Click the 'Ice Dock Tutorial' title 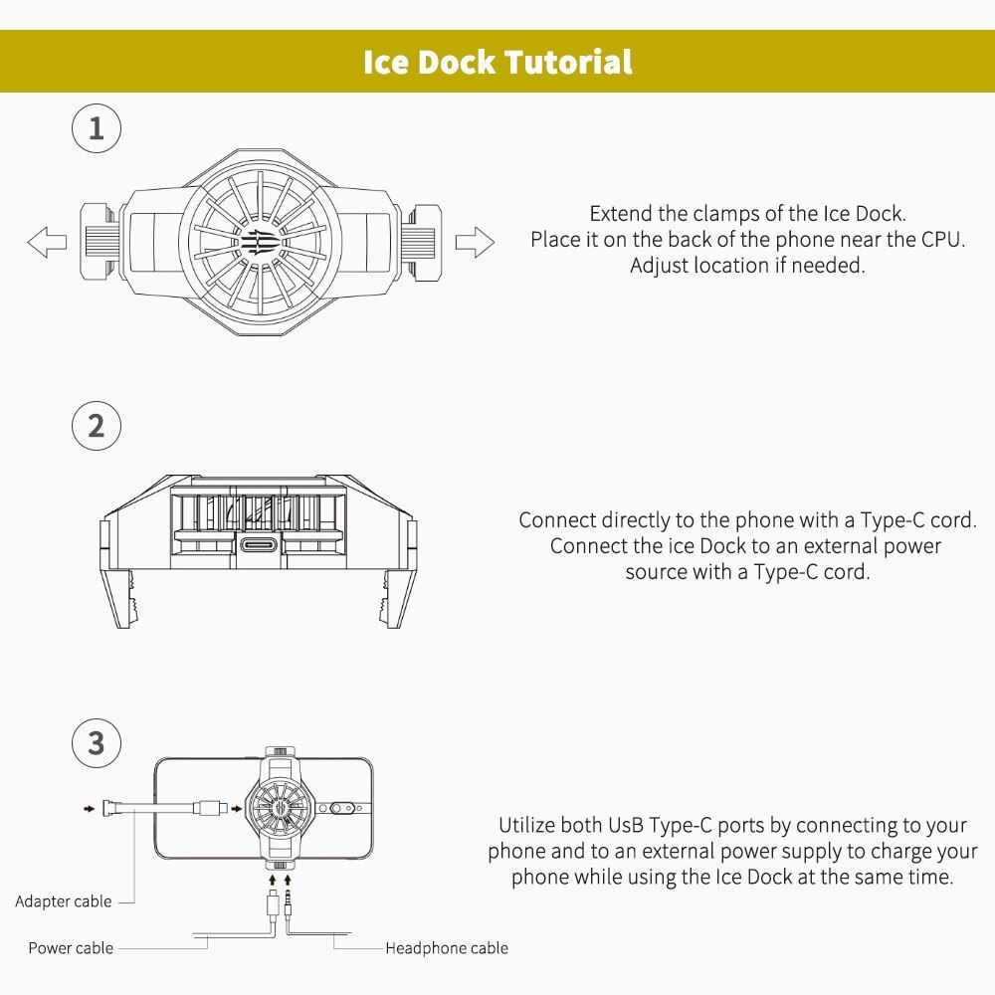[x=497, y=62]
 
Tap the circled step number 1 [x=97, y=128]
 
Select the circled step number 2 [x=97, y=426]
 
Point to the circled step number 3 [x=97, y=743]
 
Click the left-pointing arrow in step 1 [x=47, y=242]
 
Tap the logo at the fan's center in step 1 [x=260, y=243]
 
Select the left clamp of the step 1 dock [x=99, y=242]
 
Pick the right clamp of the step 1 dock [x=422, y=242]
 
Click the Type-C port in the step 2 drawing [x=260, y=544]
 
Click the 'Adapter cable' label [x=64, y=901]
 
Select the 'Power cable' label [x=71, y=948]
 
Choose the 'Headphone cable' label [x=447, y=948]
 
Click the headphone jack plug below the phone [x=289, y=903]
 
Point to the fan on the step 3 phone [x=280, y=808]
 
